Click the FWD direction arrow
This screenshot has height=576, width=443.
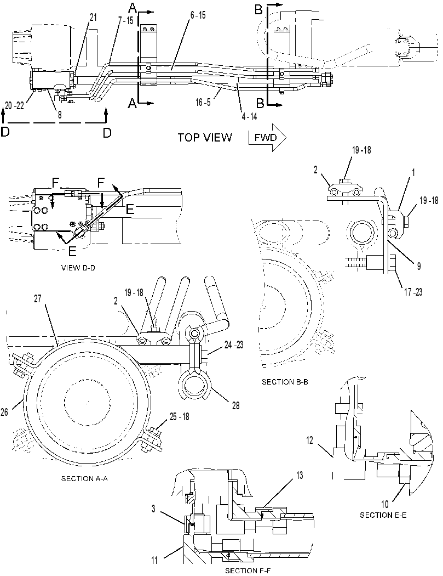(267, 138)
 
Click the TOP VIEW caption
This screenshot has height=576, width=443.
(205, 138)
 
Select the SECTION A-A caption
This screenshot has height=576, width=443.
(84, 479)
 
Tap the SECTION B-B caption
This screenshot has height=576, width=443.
(285, 382)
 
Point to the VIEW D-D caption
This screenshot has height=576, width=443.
(78, 268)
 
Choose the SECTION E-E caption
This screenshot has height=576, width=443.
(383, 515)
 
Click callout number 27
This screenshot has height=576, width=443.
(38, 298)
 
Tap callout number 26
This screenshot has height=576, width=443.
(4, 412)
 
